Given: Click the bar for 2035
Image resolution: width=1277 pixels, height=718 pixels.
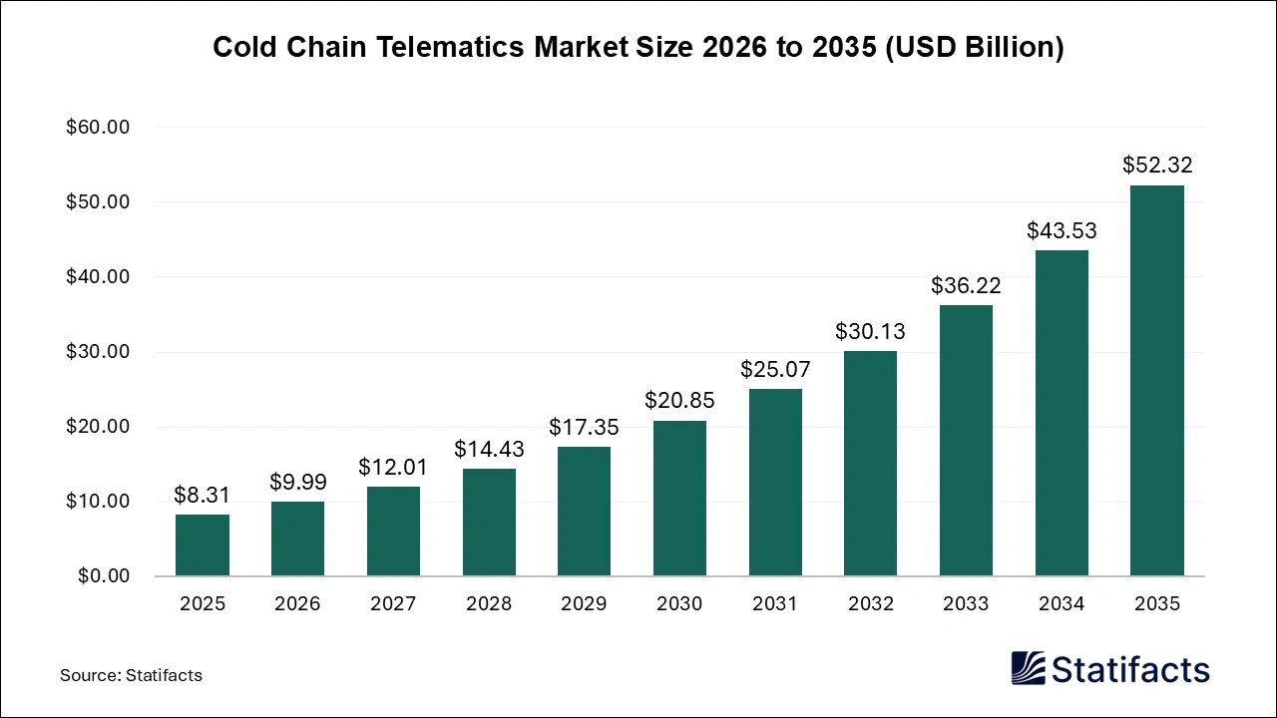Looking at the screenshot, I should pos(1156,381).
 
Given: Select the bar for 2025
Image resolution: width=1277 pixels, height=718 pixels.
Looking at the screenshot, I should pos(203,544).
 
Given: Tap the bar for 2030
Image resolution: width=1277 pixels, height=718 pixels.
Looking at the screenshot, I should pos(679,498).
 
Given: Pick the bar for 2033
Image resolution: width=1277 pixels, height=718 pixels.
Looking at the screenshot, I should pos(966,440).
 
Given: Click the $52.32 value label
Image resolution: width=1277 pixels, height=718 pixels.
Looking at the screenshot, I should pos(1157,165).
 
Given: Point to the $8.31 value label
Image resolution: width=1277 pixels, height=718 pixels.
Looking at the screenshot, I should pos(203,494).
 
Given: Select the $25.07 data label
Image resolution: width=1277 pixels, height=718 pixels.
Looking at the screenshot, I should pos(775,369).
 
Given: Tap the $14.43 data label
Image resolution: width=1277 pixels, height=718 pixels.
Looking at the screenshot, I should pos(489,449).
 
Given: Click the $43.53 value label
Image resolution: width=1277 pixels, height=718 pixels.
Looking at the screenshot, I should pos(1062,230).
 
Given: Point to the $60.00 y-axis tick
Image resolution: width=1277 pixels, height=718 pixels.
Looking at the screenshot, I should pos(98,128).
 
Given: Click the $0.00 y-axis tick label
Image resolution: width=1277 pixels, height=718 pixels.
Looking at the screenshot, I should pos(102,576).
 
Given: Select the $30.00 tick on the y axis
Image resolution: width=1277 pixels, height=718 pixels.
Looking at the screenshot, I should pos(98,352).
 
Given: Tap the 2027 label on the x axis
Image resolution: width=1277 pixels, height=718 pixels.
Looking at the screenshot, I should pos(393,603).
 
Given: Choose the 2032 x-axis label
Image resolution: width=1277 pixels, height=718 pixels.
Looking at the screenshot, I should pos(870,603).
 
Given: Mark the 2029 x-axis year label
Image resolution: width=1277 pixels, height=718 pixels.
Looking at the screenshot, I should pos(584,603).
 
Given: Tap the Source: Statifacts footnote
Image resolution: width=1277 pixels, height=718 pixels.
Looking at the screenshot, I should pos(131,675).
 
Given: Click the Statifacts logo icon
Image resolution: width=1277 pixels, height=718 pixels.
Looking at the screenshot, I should pos(1028,668).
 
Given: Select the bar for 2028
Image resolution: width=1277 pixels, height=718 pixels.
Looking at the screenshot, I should pos(489,522).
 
